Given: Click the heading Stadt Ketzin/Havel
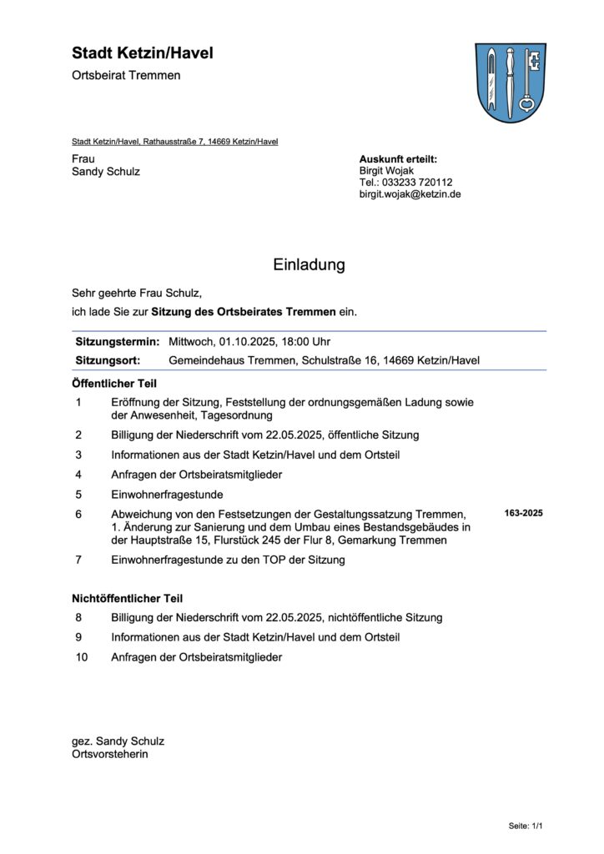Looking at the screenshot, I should tap(143, 53).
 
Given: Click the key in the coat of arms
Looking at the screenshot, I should tap(526, 82).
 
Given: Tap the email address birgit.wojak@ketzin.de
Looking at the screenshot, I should tap(410, 194).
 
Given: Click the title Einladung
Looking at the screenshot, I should tap(309, 265).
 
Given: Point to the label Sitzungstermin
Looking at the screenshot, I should tap(117, 342).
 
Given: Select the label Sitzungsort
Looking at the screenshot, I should tap(108, 360).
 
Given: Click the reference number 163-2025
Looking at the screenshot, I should tap(523, 513).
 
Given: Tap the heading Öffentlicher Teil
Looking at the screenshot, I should tap(114, 384).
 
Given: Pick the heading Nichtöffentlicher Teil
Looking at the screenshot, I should tap(127, 598).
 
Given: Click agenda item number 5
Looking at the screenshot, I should tap(78, 495).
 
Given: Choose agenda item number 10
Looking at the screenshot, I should tap(81, 657).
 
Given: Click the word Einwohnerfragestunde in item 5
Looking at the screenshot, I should tap(168, 495).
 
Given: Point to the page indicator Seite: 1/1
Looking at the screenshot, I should tap(526, 826).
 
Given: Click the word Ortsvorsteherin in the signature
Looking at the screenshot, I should tap(110, 754).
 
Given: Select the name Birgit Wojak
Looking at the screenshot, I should tap(386, 171).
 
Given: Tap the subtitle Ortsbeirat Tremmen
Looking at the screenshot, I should tap(126, 76).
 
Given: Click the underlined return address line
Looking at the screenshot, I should tap(174, 142).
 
